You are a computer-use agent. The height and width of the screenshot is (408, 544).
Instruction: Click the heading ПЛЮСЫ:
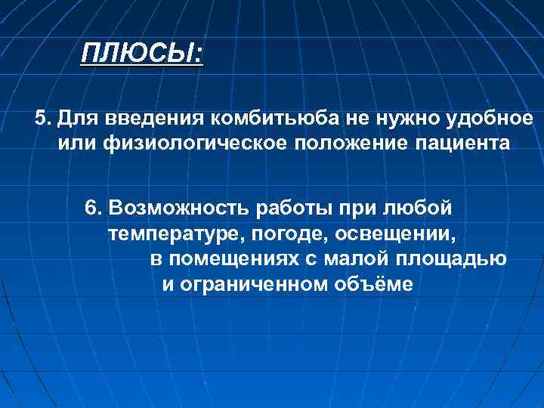pos(142,55)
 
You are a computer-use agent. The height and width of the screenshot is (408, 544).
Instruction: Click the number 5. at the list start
pos(43,119)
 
